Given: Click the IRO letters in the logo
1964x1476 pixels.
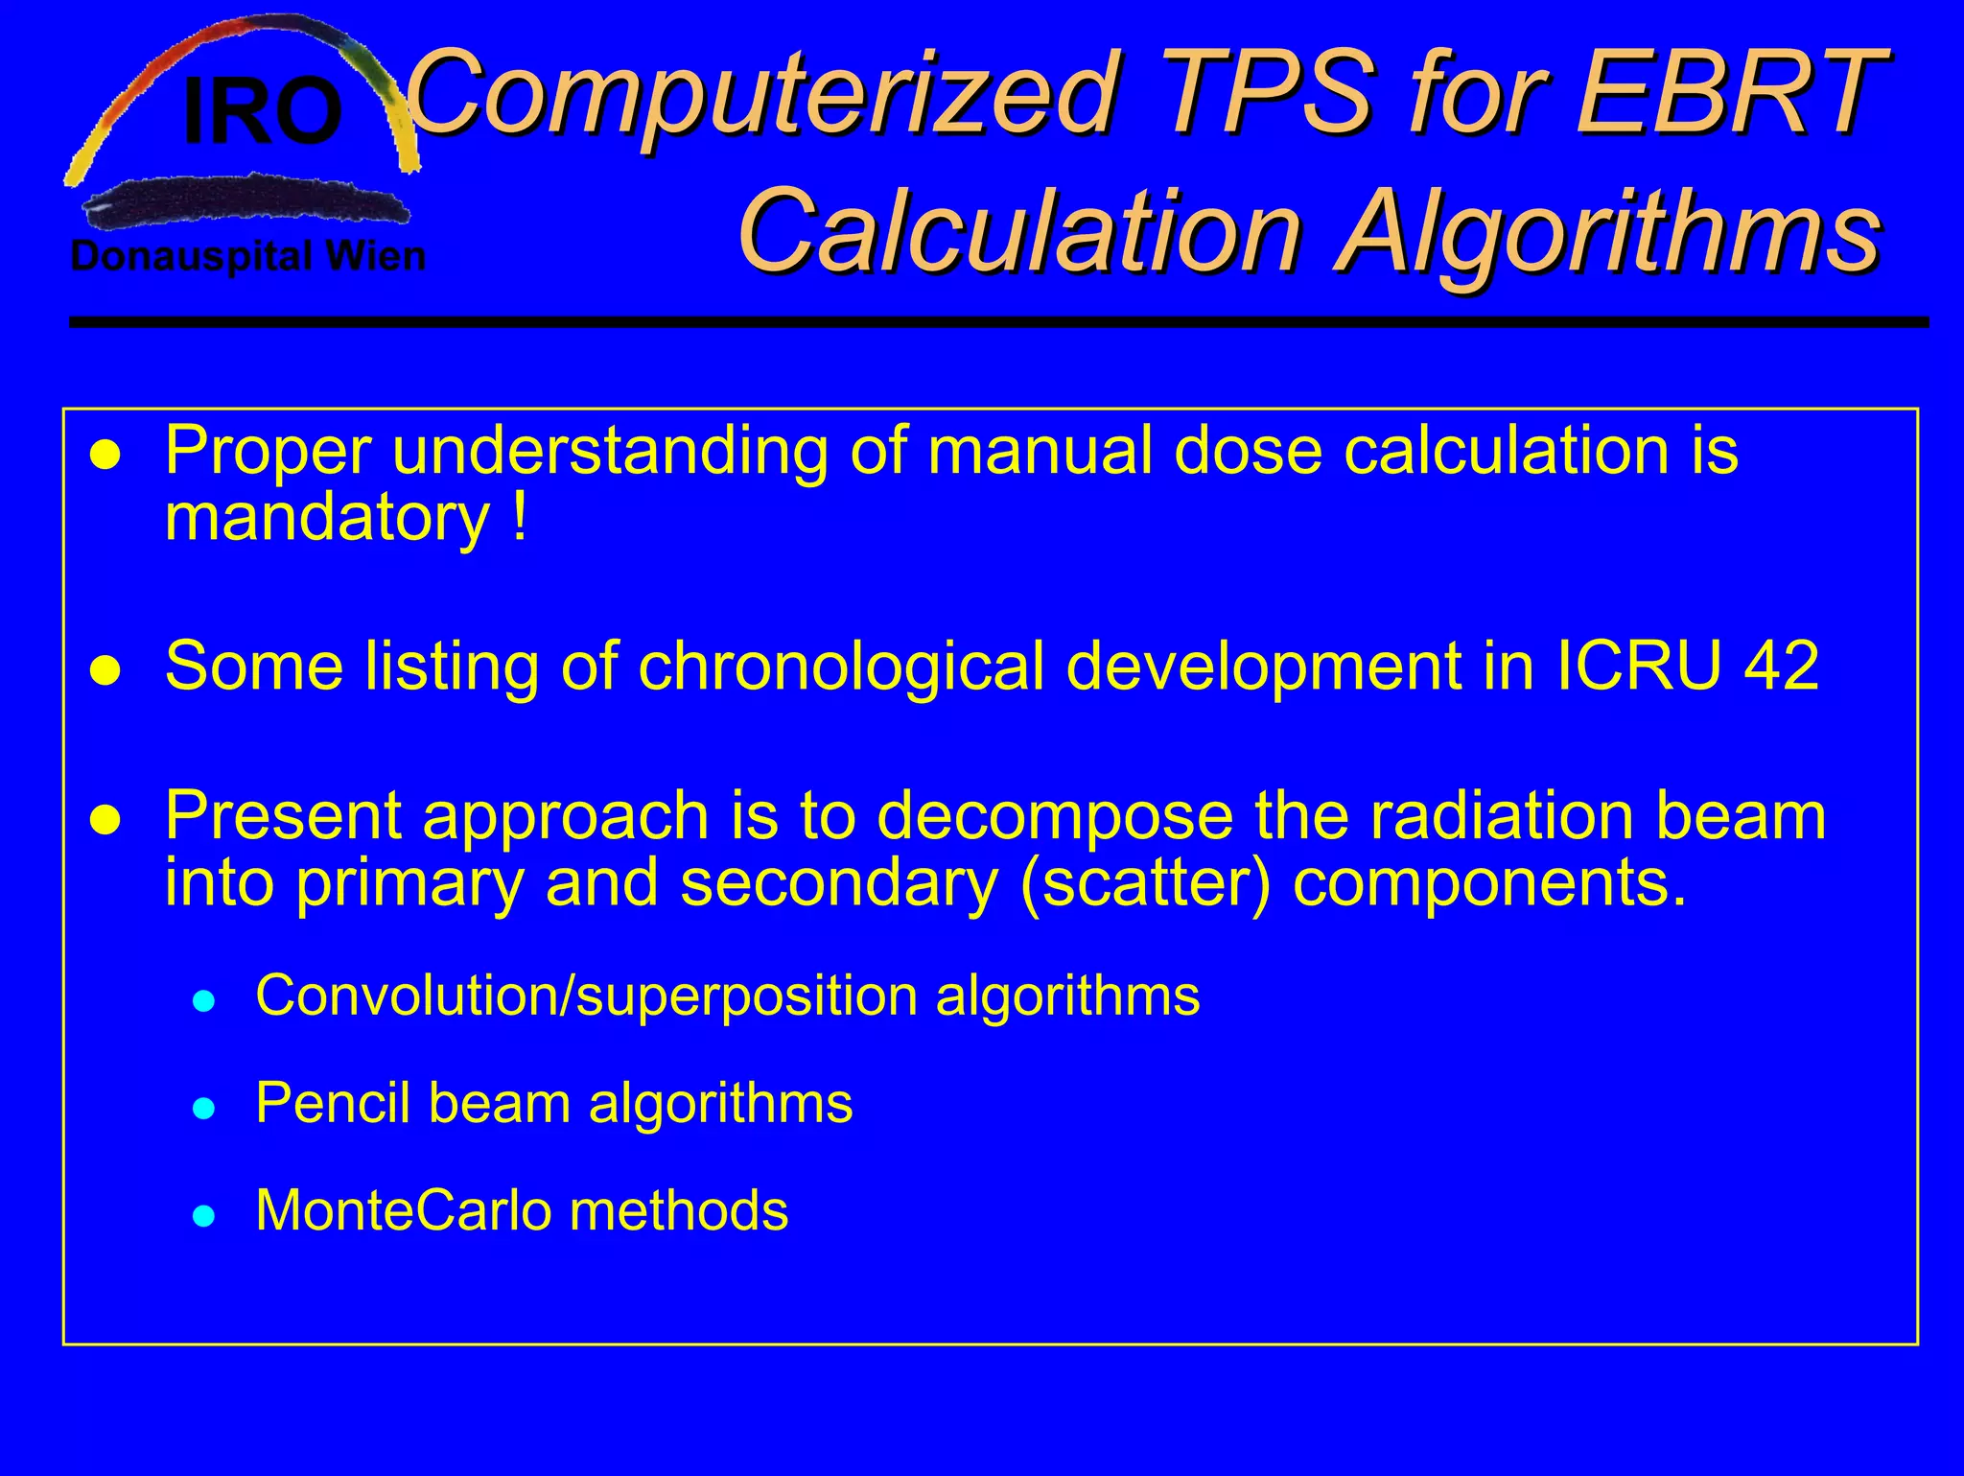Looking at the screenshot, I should click(262, 113).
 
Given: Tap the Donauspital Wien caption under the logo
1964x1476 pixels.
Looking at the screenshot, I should click(248, 257).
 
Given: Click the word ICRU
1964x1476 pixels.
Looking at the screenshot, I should click(1638, 665).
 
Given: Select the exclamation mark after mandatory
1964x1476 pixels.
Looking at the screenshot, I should click(520, 519).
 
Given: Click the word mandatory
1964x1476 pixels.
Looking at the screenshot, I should click(327, 519).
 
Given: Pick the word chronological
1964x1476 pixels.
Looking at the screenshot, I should click(840, 667).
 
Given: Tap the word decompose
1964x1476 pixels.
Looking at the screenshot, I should click(1054, 816).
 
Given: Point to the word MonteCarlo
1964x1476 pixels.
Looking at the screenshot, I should click(401, 1210).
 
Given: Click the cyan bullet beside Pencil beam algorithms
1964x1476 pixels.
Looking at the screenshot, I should click(202, 1110).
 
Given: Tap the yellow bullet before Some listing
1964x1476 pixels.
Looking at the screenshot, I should click(105, 670).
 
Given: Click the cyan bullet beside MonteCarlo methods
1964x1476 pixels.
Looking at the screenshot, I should click(202, 1217).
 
